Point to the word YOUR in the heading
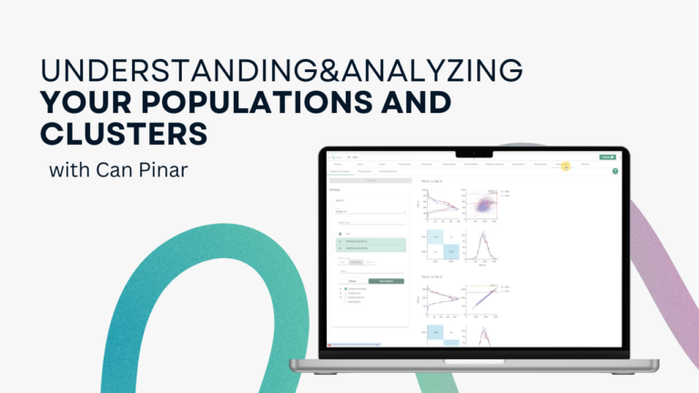pos(72,101)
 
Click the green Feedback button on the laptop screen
pos(608,156)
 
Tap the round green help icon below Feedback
pos(615,171)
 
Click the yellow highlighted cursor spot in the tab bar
pos(565,166)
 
